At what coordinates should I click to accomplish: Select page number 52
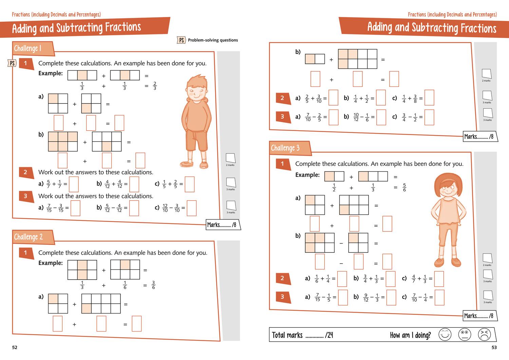[15, 347]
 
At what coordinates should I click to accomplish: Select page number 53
[494, 347]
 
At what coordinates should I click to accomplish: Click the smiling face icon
[445, 335]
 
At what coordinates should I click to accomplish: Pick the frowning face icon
[484, 335]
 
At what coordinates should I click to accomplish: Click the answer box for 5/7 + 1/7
[74, 184]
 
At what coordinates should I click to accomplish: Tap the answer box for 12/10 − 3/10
[192, 208]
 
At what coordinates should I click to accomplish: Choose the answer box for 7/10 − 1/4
[439, 297]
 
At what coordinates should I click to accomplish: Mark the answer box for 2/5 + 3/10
[333, 98]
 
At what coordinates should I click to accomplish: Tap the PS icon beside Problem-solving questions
[182, 40]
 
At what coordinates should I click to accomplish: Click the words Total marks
[287, 335]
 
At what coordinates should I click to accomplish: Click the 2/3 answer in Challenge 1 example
[155, 86]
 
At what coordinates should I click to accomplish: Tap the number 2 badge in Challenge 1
[25, 172]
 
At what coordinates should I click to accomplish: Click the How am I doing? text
[410, 335]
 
